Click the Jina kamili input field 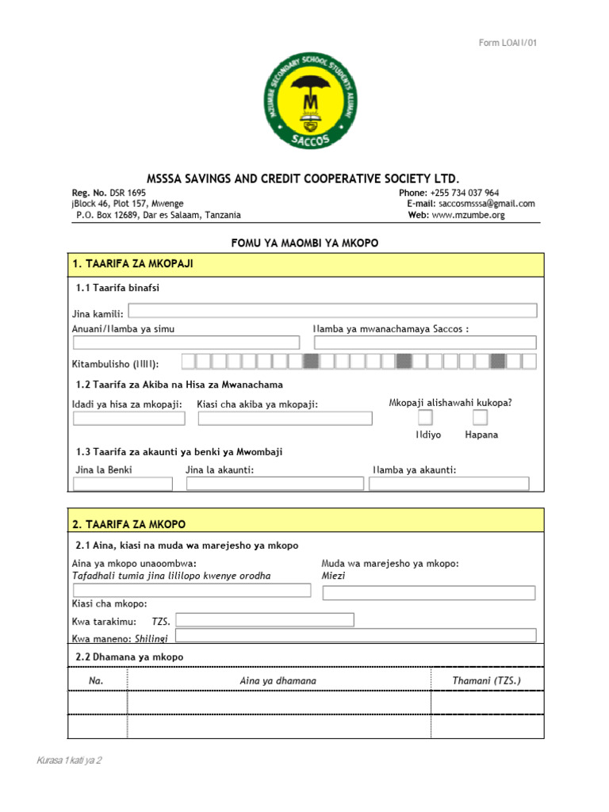tap(332, 311)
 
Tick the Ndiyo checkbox tap(426, 418)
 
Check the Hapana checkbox tap(481, 418)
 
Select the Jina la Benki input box tap(122, 484)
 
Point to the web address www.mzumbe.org tap(468, 215)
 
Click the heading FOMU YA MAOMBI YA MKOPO tap(304, 243)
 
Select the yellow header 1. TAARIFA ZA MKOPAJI tap(306, 264)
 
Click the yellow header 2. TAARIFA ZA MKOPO tap(306, 524)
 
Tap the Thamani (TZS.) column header tap(487, 680)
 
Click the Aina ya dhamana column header tap(278, 680)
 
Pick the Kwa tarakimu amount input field tap(265, 620)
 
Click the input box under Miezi tap(429, 593)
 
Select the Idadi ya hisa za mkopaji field tap(128, 419)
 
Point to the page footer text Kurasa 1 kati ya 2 tap(69, 760)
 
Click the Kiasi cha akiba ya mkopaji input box tap(284, 419)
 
